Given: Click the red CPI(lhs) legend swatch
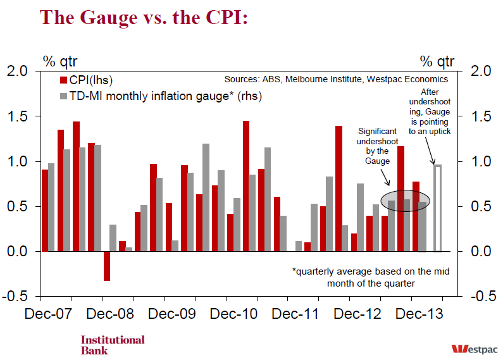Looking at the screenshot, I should [64, 80].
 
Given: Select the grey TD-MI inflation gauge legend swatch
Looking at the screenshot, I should [64, 96].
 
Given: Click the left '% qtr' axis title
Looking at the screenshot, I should [59, 61].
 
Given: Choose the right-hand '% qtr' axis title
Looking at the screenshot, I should [437, 61].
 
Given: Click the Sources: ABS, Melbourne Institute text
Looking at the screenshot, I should [336, 80].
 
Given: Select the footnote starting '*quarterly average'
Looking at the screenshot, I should [371, 277].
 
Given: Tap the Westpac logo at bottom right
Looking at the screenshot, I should [475, 348].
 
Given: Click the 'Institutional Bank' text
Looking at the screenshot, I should [113, 345].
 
